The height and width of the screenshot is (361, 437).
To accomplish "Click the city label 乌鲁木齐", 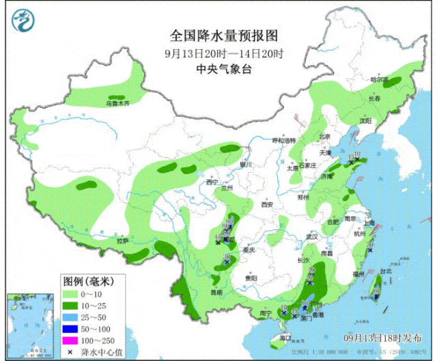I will pos(117,104).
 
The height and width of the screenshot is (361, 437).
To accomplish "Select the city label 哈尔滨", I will pos(379,80).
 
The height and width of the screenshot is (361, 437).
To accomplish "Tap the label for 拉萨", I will pos(122,240).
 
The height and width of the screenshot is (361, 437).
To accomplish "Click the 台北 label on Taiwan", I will pos(385,270).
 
